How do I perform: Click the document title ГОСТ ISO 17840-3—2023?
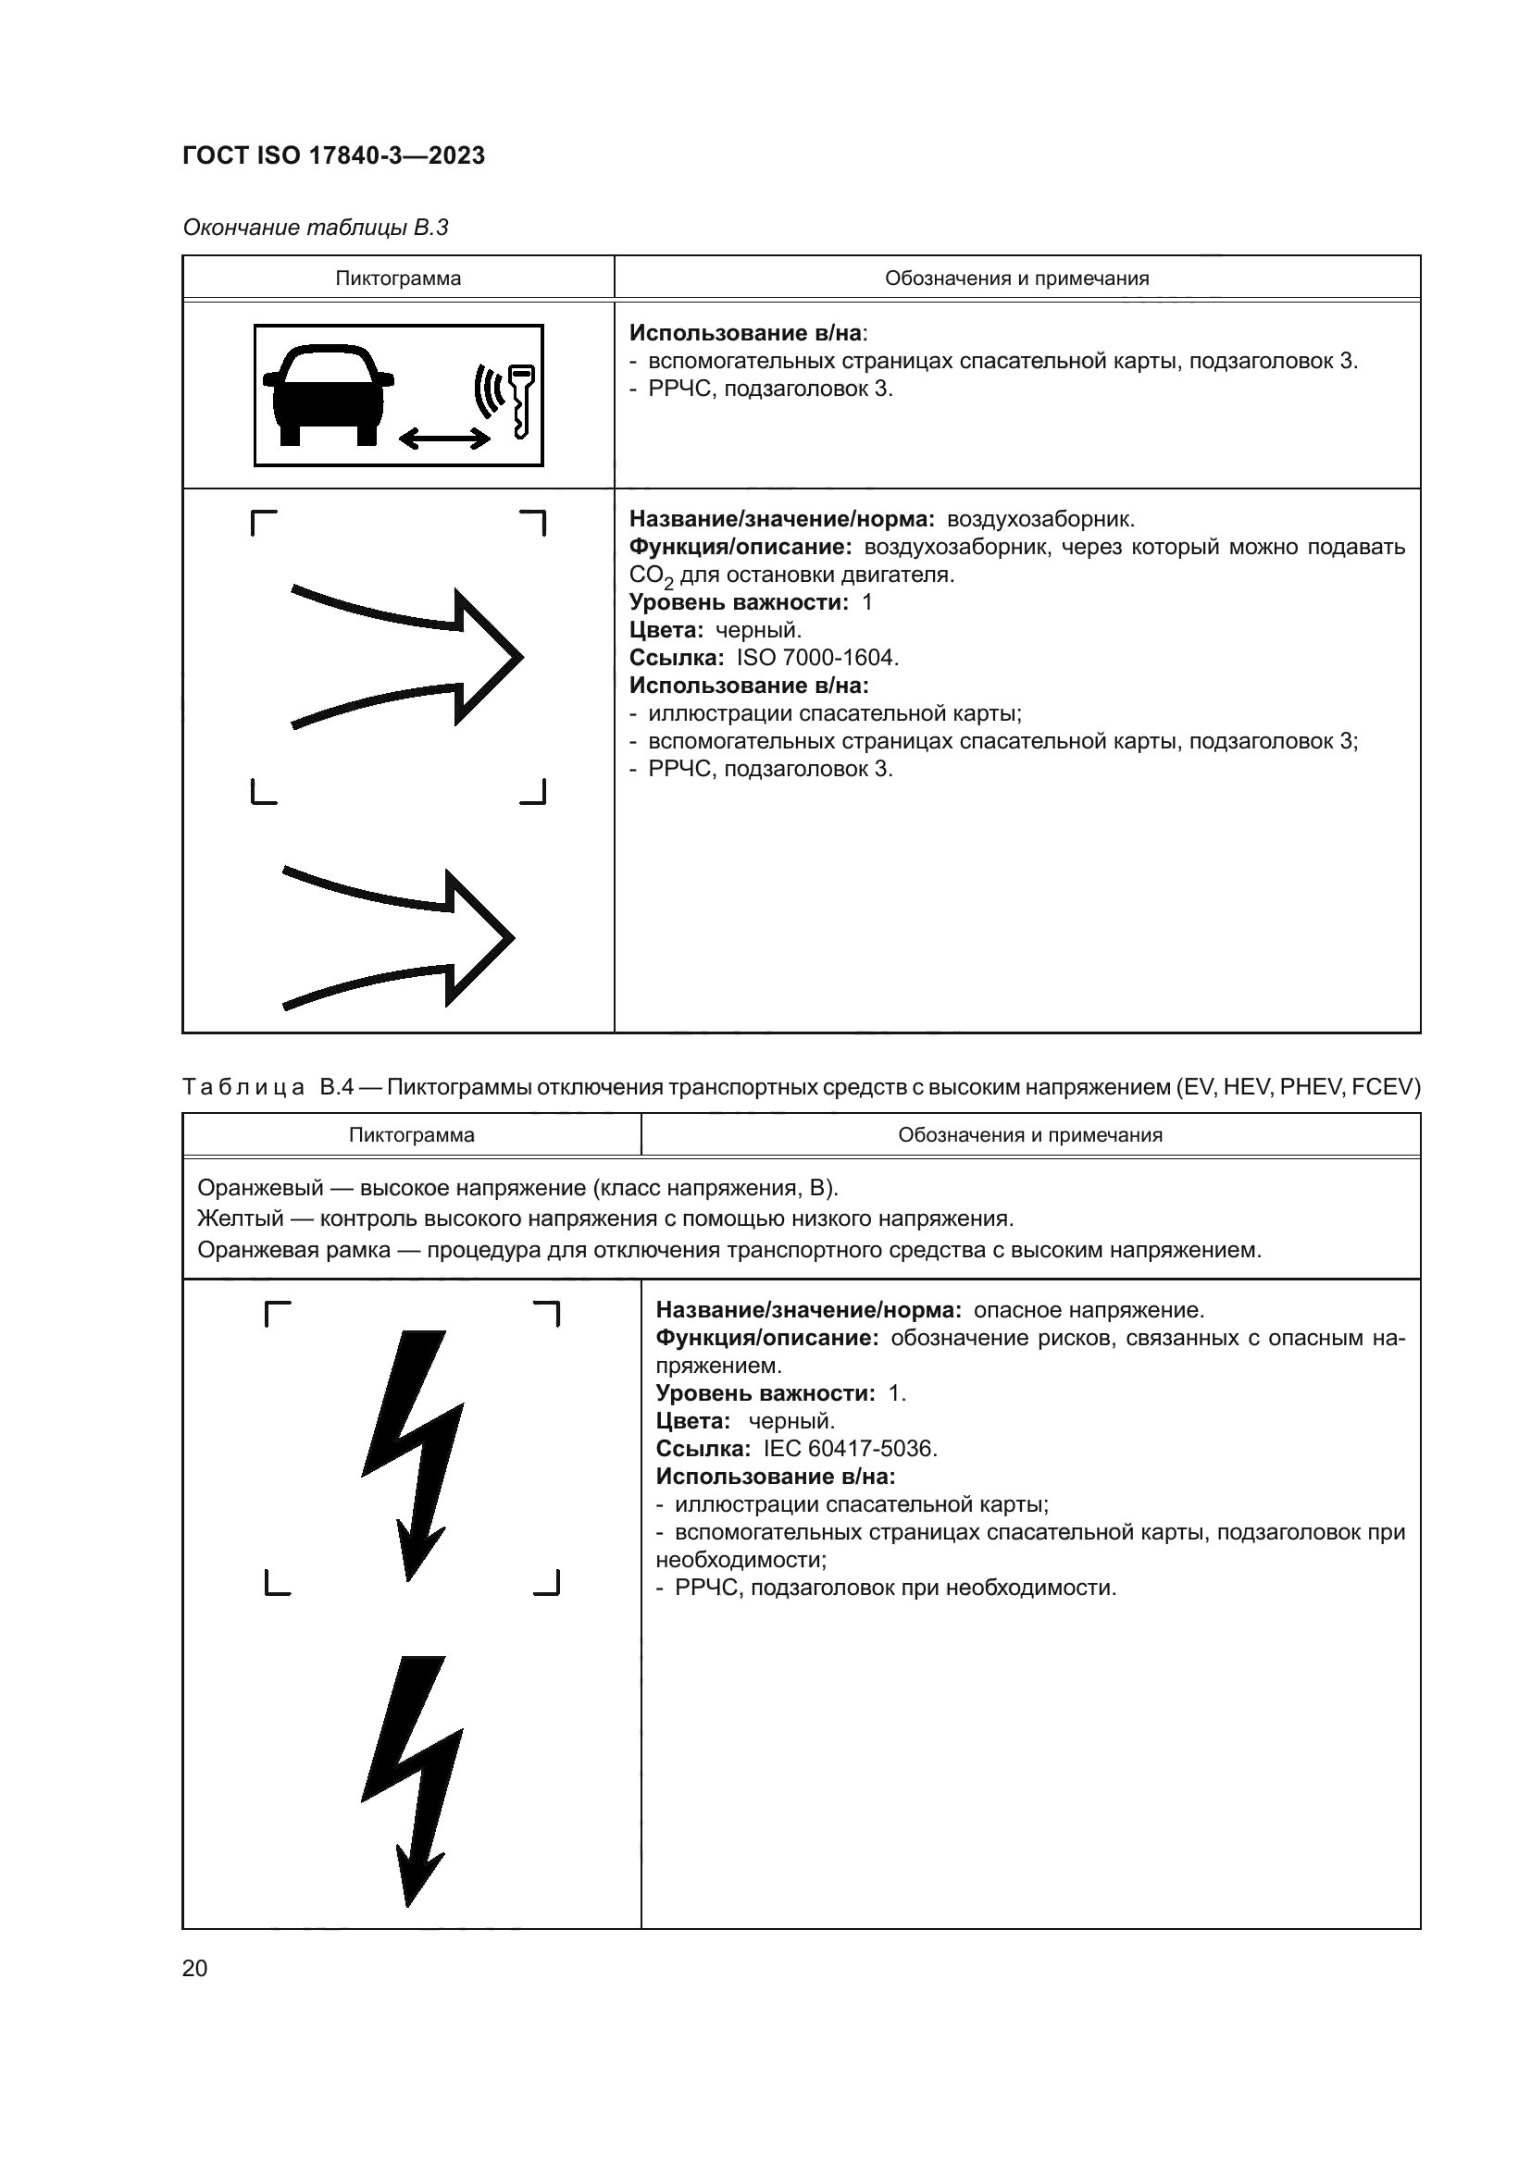[334, 155]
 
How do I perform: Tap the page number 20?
[194, 1969]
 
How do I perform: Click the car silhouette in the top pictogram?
[327, 393]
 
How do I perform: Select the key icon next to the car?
[520, 401]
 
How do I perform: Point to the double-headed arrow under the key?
[444, 438]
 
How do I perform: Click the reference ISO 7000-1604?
[816, 658]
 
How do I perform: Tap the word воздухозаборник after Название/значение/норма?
[1039, 519]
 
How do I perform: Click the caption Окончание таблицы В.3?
[315, 228]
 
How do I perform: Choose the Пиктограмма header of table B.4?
[411, 1135]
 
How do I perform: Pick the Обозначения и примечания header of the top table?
[1016, 278]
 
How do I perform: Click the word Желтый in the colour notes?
[240, 1218]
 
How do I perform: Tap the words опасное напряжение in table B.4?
[1088, 1310]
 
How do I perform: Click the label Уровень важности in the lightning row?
[765, 1393]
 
